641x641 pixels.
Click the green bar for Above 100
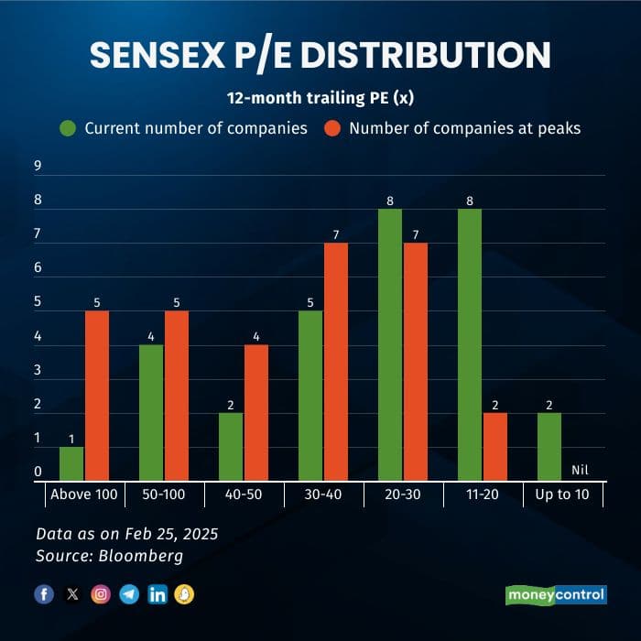71,464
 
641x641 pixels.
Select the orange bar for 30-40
336,362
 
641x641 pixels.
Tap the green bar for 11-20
469,345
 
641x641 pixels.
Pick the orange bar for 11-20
494,447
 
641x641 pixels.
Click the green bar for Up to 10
549,447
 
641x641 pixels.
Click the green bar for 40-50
231,447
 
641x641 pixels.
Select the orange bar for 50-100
177,396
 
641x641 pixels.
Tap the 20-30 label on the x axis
403,494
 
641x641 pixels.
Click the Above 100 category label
85,494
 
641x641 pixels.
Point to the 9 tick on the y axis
38,166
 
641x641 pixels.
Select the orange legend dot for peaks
332,128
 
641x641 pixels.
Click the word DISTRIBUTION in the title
426,56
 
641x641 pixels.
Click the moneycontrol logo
556,594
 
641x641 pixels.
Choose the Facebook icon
44,594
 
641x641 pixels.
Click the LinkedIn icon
158,594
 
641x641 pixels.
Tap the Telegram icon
129,594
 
